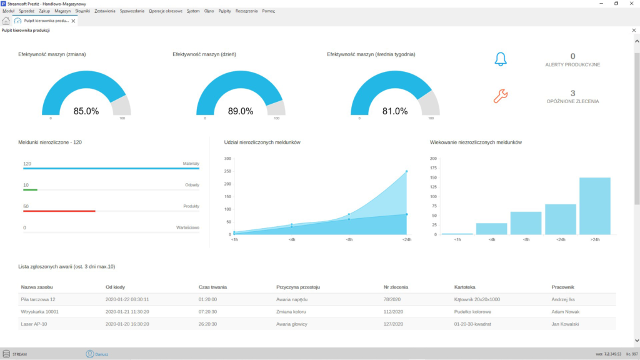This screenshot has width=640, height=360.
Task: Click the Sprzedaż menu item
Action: pyautogui.click(x=26, y=11)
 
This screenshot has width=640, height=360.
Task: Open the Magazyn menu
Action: pyautogui.click(x=62, y=11)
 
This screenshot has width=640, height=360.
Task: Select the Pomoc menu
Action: pyautogui.click(x=269, y=11)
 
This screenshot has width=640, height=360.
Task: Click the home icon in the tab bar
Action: pyautogui.click(x=6, y=21)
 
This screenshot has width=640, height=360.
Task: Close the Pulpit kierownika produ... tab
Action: pyautogui.click(x=74, y=21)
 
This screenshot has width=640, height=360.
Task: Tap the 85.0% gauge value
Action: pyautogui.click(x=86, y=111)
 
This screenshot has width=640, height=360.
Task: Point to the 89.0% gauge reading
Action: pyautogui.click(x=241, y=111)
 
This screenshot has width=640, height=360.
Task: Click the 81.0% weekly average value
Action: pyautogui.click(x=395, y=111)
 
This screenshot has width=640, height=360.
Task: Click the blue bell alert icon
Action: pyautogui.click(x=501, y=59)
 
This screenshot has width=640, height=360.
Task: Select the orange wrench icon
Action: pyautogui.click(x=501, y=96)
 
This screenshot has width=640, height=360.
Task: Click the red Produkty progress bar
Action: pyautogui.click(x=59, y=211)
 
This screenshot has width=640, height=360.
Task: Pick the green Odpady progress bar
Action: pyautogui.click(x=30, y=190)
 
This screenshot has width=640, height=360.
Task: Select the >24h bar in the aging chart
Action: pyautogui.click(x=595, y=206)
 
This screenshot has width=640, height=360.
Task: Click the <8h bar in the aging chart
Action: pyautogui.click(x=526, y=223)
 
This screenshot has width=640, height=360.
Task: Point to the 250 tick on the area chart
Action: pyautogui.click(x=227, y=171)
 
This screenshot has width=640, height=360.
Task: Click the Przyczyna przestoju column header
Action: pyautogui.click(x=298, y=287)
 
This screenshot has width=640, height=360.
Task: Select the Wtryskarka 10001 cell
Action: pyautogui.click(x=39, y=312)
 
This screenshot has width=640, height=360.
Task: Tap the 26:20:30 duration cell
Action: pyautogui.click(x=207, y=324)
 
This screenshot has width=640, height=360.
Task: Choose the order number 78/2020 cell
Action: pyautogui.click(x=392, y=299)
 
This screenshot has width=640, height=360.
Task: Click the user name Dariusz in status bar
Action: pyautogui.click(x=102, y=354)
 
